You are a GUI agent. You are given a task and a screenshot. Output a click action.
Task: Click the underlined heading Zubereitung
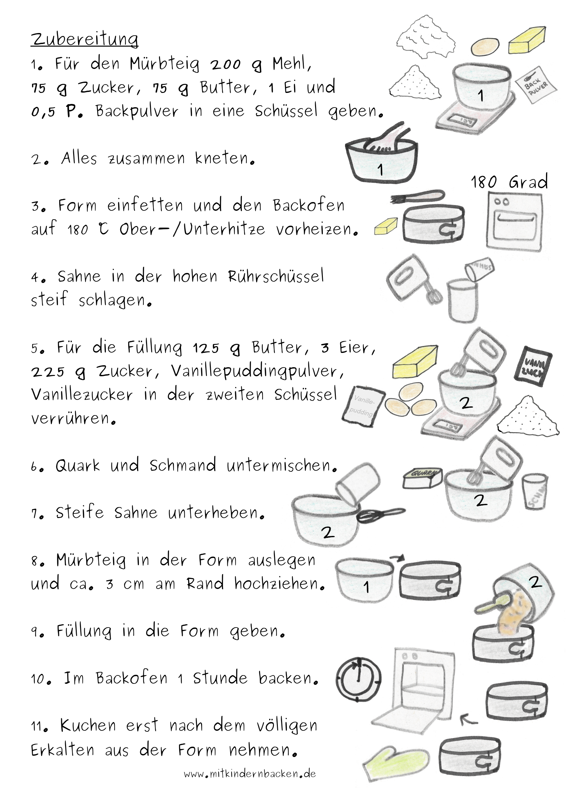pos(85,40)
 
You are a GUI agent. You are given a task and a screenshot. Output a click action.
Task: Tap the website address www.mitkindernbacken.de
pos(250,773)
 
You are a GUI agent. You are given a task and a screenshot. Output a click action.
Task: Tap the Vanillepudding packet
pos(363,406)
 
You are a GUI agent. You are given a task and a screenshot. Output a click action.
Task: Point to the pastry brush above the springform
pos(418,197)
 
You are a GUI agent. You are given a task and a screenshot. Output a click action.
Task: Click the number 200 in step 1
pos(226,64)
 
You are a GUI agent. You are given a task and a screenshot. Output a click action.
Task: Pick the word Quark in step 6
pos(78,466)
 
